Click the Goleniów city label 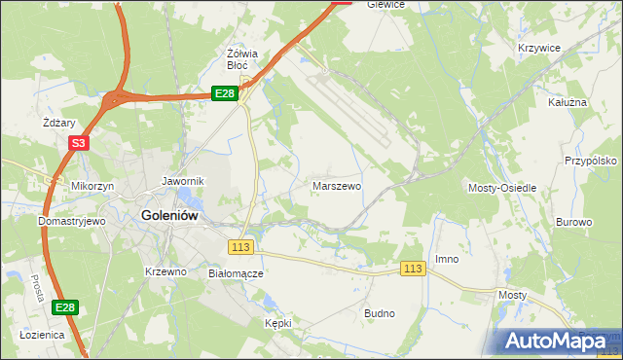pyautogui.click(x=170, y=216)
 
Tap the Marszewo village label pyautogui.click(x=337, y=185)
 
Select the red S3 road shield pyautogui.click(x=79, y=143)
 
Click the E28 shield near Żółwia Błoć pyautogui.click(x=225, y=93)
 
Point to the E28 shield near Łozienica pyautogui.click(x=64, y=307)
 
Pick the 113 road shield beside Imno pyautogui.click(x=413, y=269)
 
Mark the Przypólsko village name pyautogui.click(x=592, y=162)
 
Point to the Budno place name pyautogui.click(x=379, y=313)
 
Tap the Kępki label pyautogui.click(x=278, y=322)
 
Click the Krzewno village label pyautogui.click(x=165, y=271)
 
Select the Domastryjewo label pyautogui.click(x=71, y=221)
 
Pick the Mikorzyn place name pyautogui.click(x=92, y=185)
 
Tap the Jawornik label pyautogui.click(x=182, y=181)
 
